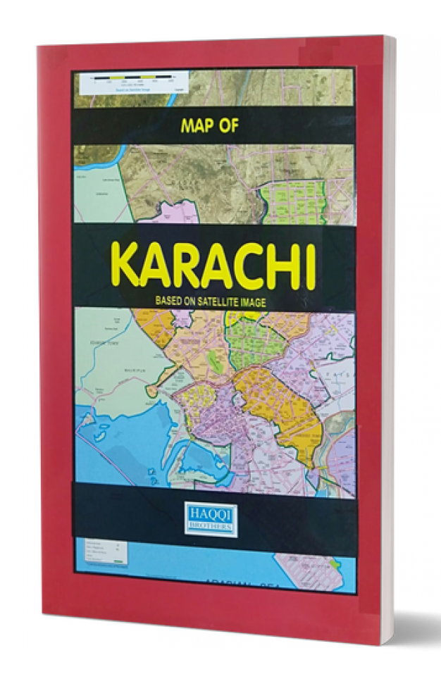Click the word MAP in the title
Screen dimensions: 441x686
tap(199, 127)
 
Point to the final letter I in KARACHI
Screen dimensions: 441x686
tap(308, 268)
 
